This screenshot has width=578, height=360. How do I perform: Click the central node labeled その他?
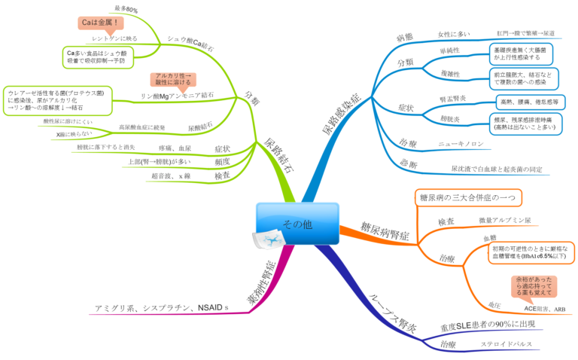(296, 224)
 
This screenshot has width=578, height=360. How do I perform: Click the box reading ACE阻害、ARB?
(544, 310)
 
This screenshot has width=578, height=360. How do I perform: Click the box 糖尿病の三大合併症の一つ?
(468, 197)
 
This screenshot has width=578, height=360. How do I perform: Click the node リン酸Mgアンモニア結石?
(177, 96)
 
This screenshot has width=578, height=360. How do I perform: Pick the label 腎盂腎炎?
(454, 99)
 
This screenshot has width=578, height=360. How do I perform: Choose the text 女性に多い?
(455, 34)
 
